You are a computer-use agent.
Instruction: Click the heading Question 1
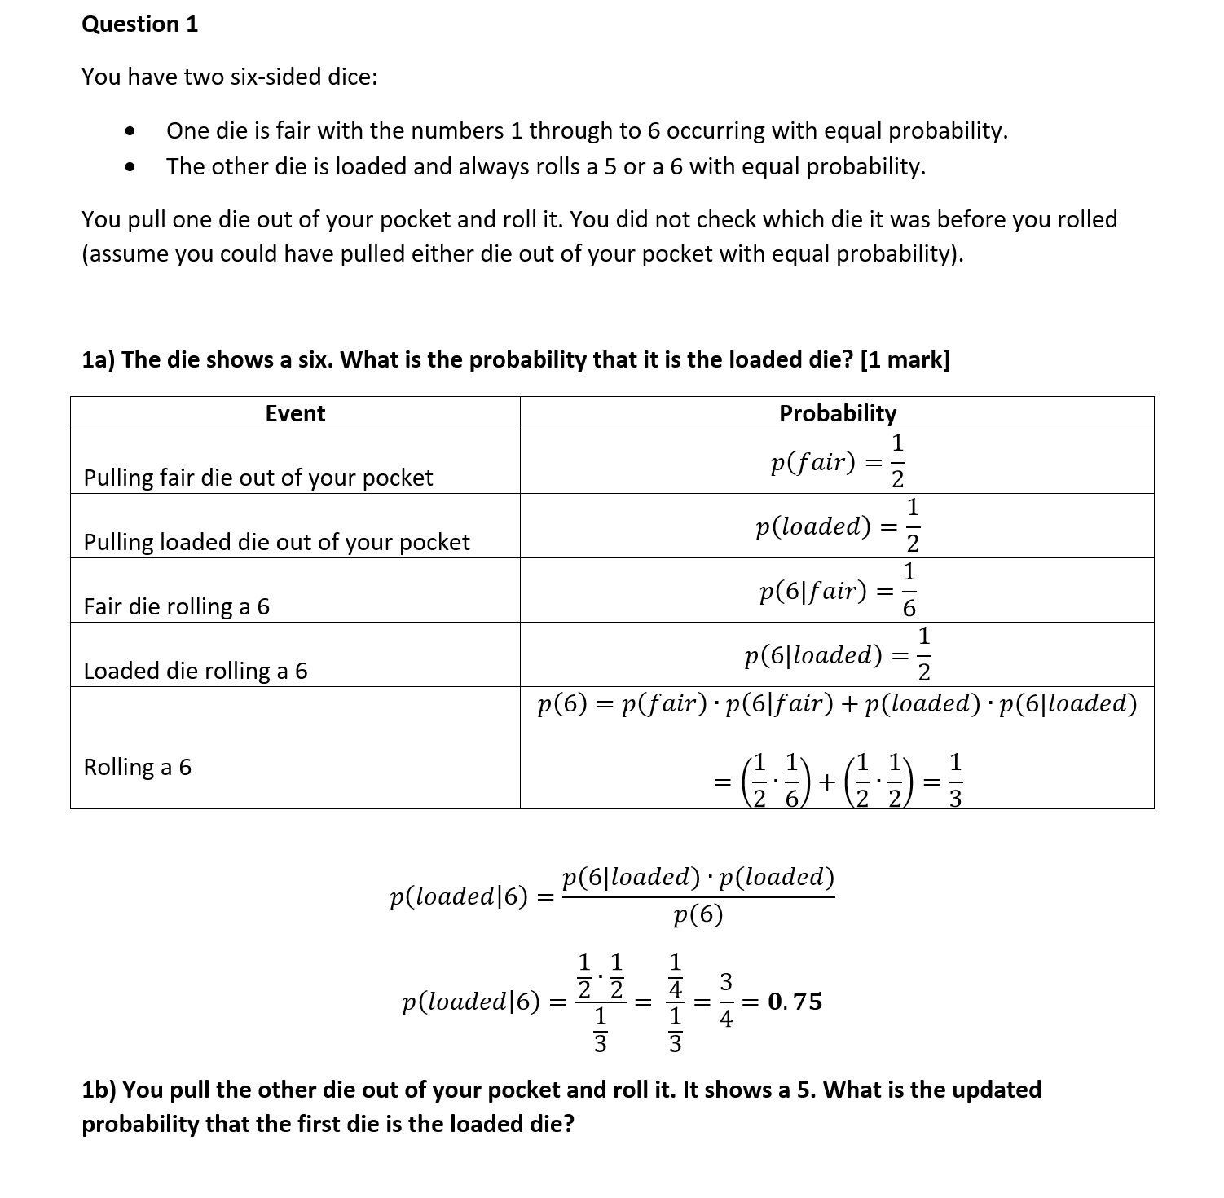tap(139, 24)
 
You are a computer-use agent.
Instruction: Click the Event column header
tap(295, 413)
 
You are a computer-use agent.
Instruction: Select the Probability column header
tap(837, 413)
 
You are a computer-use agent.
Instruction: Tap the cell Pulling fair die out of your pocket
tap(258, 478)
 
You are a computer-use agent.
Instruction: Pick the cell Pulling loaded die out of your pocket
tap(276, 542)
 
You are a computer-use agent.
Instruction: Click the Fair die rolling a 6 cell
tap(176, 606)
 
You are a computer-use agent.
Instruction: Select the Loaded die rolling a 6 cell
tap(196, 671)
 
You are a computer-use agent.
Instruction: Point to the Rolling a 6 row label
tap(137, 767)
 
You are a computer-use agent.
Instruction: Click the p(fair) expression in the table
tap(812, 463)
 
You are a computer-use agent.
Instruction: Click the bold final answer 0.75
tap(795, 1001)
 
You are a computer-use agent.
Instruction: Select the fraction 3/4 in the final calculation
tap(726, 1000)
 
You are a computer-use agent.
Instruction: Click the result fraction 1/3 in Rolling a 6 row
tap(956, 781)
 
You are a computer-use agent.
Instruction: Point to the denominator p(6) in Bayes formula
tap(698, 916)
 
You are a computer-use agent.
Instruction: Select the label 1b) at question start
tap(99, 1090)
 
